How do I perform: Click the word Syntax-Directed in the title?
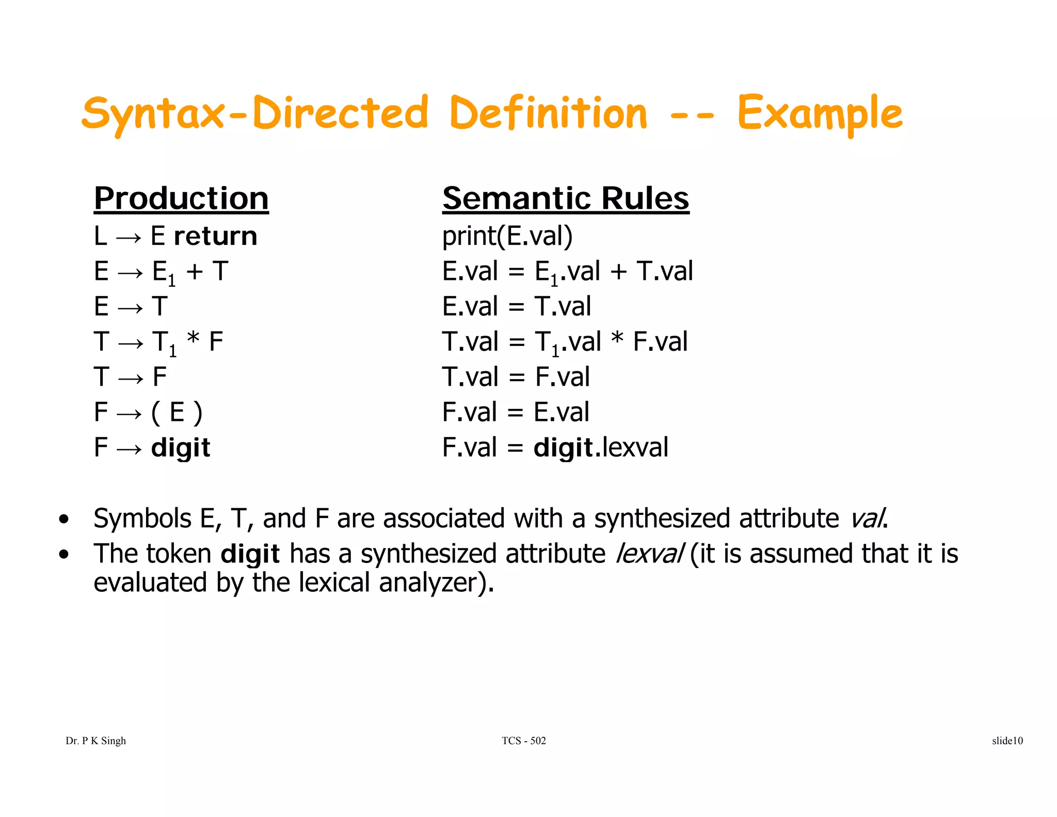point(255,114)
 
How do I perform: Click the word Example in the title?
point(820,114)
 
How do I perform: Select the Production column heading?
point(181,198)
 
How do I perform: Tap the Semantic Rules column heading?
point(565,198)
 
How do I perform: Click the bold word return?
point(215,237)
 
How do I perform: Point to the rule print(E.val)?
point(507,237)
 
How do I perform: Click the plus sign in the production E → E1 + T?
point(195,272)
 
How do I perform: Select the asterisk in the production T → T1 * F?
point(193,341)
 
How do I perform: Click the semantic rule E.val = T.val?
point(516,306)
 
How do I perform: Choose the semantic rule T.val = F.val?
point(516,376)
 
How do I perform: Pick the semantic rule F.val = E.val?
point(515,412)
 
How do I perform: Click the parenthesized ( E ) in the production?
point(177,413)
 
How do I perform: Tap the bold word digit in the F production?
point(181,448)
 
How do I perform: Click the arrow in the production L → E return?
point(129,238)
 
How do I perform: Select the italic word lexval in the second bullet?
point(650,554)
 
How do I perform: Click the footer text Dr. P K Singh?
point(95,741)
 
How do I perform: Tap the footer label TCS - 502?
point(523,741)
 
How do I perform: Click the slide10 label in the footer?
point(1007,741)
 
